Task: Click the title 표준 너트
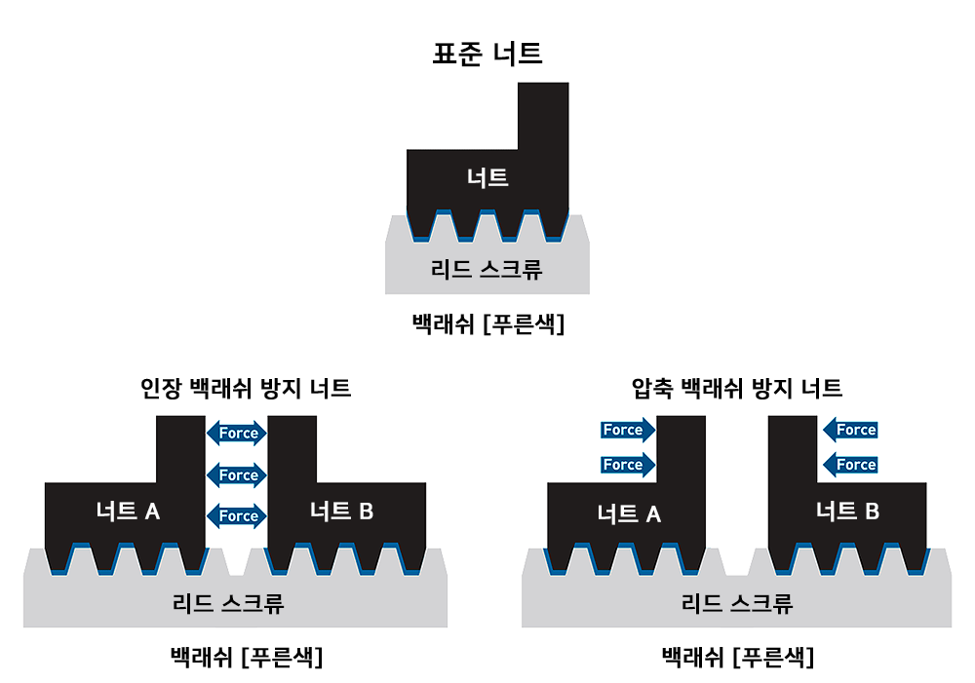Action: tap(487, 53)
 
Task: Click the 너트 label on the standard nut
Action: tap(487, 177)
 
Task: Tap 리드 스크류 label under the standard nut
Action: tap(487, 269)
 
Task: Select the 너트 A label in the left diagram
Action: tap(128, 511)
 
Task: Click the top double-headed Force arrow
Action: tap(237, 433)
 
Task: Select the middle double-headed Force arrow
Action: tap(237, 474)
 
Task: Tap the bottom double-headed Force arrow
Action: tap(237, 515)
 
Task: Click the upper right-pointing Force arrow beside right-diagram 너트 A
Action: tap(627, 430)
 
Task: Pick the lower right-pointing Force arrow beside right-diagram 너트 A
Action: tap(627, 465)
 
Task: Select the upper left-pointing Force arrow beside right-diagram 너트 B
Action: tap(850, 430)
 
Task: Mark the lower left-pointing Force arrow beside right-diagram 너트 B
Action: tap(850, 465)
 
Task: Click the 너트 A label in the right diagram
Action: tap(629, 513)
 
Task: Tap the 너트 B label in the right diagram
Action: tap(847, 511)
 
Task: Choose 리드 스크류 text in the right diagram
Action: tap(737, 603)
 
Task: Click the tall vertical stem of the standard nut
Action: tap(543, 117)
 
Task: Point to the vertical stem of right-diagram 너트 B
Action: tap(793, 448)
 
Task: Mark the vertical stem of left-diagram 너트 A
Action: tap(180, 448)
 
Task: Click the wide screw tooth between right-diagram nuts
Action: tap(737, 562)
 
